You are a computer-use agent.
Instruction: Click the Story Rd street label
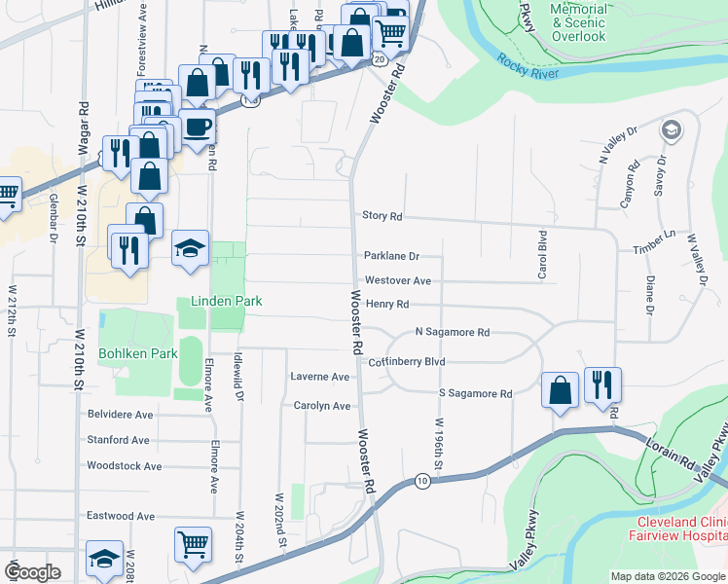[382, 216]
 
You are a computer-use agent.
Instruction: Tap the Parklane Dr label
[391, 257]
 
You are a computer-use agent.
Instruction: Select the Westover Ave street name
[398, 280]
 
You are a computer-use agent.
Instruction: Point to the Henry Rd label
[387, 305]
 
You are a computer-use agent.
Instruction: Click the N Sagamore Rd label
[452, 333]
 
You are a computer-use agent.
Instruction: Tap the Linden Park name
[226, 302]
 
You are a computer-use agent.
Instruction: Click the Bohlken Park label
[137, 352]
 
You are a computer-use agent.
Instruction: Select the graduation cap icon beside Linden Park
[191, 249]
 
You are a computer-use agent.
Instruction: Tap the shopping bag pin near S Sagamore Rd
[561, 389]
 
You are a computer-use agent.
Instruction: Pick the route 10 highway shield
[420, 481]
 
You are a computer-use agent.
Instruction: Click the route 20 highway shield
[378, 60]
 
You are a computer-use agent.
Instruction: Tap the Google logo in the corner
[32, 571]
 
